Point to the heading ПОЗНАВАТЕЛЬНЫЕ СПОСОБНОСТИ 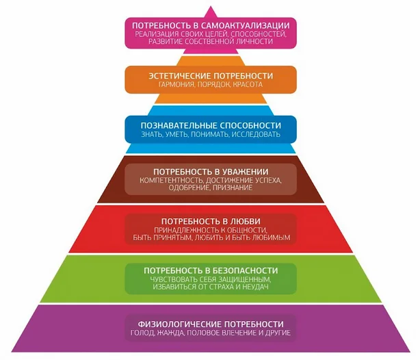(x=211, y=125)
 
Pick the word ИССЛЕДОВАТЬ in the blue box (x=254, y=135)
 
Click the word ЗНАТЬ (x=151, y=135)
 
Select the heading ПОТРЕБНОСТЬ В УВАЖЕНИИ (x=210, y=170)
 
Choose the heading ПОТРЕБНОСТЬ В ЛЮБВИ (x=210, y=221)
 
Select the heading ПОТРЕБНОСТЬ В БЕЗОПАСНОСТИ (x=210, y=271)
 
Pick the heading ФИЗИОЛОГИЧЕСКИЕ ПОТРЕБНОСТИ (x=210, y=323)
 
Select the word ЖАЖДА (x=172, y=333)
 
